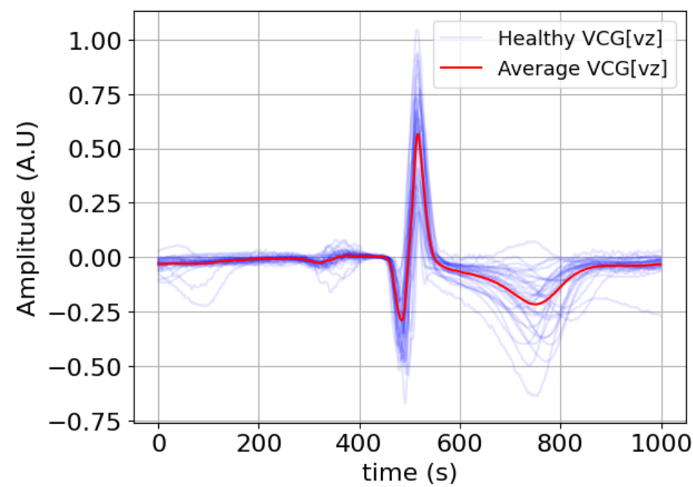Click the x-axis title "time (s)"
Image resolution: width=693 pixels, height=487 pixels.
pos(409,471)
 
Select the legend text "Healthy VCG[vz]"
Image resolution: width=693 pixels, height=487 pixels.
pos(582,38)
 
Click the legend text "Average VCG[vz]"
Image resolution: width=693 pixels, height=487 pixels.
pos(582,69)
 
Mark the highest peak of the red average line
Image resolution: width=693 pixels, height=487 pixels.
pos(419,134)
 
